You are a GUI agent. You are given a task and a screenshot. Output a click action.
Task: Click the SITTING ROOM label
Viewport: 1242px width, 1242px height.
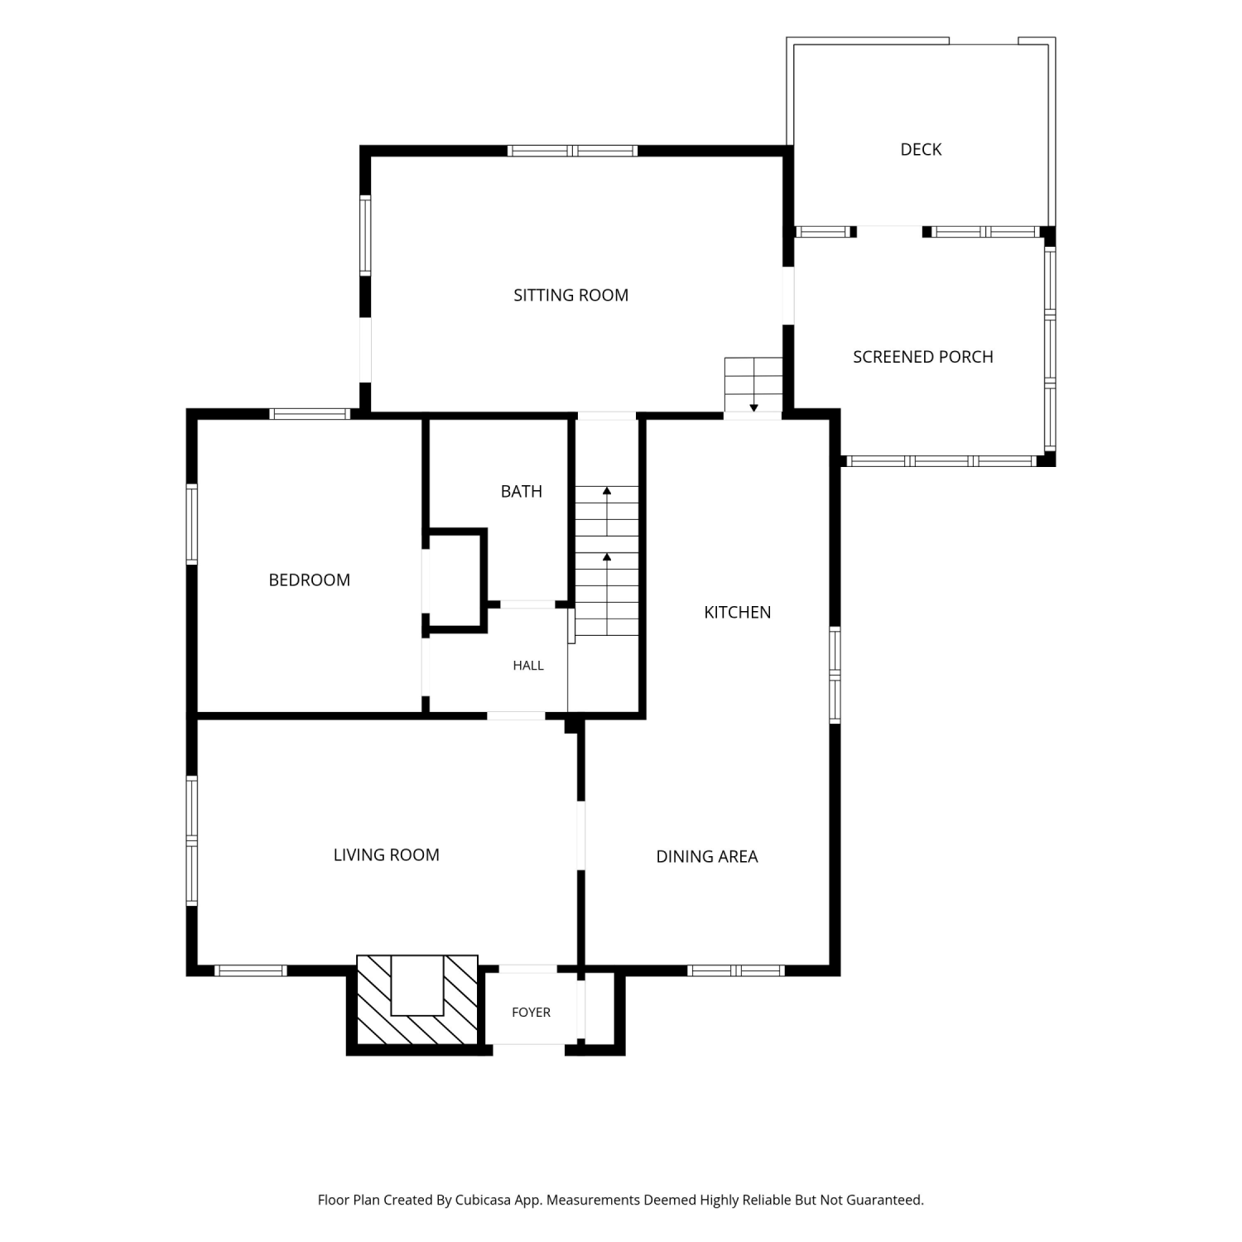(570, 296)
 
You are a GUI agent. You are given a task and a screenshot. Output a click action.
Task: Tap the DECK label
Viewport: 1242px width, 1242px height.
(921, 150)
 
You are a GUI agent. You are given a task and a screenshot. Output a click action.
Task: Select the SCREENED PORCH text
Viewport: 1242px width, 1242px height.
(923, 357)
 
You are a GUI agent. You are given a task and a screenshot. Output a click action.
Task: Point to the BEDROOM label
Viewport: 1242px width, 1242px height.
(310, 580)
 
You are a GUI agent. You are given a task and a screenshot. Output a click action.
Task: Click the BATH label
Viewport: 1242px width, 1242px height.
(522, 492)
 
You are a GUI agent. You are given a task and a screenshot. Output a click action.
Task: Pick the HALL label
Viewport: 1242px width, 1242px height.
(528, 666)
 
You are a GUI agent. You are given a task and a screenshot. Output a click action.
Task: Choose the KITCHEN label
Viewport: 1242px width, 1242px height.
(738, 613)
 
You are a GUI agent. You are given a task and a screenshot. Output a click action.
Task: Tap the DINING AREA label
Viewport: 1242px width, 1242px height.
(707, 857)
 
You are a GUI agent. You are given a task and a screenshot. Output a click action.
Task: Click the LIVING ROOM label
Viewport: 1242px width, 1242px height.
(387, 855)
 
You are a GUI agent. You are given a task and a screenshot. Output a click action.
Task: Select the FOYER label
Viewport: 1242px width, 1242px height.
(532, 1013)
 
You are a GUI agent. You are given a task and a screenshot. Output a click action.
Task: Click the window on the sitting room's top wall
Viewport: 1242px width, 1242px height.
(572, 151)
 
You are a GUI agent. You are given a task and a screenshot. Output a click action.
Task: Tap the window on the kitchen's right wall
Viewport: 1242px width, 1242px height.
(835, 676)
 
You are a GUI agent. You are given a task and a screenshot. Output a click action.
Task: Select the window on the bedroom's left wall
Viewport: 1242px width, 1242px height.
(192, 525)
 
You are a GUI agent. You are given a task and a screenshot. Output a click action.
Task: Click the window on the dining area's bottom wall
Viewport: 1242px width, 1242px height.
(736, 970)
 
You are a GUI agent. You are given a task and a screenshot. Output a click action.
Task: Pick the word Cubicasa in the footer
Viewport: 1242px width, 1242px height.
(484, 1201)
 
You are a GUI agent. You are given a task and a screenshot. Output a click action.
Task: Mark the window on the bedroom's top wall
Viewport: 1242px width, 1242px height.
(310, 414)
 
